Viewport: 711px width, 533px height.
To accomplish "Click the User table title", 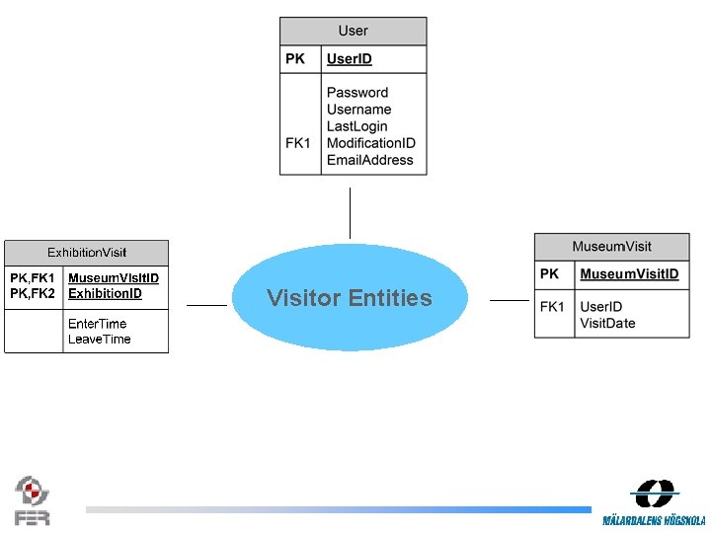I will coord(354,32).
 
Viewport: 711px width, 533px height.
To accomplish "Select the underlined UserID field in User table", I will coord(350,59).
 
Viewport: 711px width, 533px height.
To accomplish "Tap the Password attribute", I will coord(357,93).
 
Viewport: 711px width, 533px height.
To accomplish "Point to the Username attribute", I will coord(358,110).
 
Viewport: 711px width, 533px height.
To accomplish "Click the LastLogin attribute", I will coord(356,126).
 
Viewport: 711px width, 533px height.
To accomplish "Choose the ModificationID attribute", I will coord(370,143).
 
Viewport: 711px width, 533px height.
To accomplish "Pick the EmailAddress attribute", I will coord(369,160).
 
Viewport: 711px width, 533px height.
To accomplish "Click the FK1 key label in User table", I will coord(298,143).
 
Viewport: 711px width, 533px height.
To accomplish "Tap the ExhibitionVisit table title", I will coord(87,253).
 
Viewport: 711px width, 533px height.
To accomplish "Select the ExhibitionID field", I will coord(105,293).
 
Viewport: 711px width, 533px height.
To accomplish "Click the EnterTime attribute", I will coord(97,324).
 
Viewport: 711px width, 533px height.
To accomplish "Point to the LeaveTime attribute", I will coord(99,340).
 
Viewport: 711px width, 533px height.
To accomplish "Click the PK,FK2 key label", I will coord(33,293).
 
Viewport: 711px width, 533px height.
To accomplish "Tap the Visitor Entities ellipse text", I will coord(350,298).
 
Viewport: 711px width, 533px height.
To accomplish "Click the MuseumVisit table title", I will coord(611,246).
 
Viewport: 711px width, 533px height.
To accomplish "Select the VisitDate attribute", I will coord(607,323).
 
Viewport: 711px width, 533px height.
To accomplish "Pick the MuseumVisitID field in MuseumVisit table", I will coord(629,273).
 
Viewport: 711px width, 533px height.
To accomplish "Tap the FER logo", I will coord(32,500).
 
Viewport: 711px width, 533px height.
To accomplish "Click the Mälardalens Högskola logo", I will coord(654,502).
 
